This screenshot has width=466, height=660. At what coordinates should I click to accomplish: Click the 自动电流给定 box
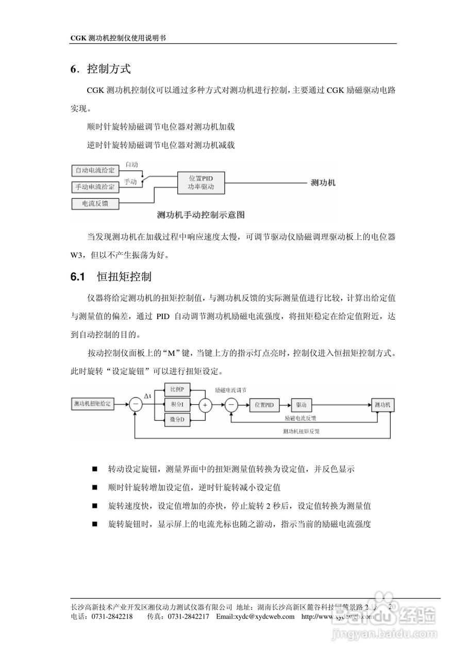point(95,170)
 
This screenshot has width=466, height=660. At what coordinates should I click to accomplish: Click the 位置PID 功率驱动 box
point(201,182)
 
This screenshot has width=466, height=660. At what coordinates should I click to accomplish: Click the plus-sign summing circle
point(206,405)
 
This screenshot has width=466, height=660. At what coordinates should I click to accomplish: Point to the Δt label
point(148,395)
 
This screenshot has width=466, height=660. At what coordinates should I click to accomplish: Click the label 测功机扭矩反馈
point(305,431)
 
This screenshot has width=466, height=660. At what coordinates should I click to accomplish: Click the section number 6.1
point(77,277)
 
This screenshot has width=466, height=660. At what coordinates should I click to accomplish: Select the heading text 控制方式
point(109,68)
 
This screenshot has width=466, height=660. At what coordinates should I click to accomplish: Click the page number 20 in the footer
point(392,607)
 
